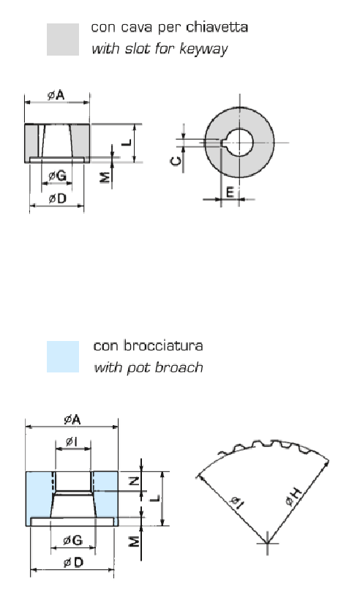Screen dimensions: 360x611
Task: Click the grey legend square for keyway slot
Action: pos(63,40)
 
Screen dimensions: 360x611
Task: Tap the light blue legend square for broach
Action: pos(63,356)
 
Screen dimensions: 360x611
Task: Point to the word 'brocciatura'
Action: pos(164,345)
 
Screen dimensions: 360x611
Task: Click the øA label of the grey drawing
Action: pos(56,95)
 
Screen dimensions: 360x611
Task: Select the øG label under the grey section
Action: pos(57,176)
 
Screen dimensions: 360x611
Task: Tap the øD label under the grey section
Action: pos(57,198)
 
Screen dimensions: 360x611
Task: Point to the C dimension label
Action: pos(176,160)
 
